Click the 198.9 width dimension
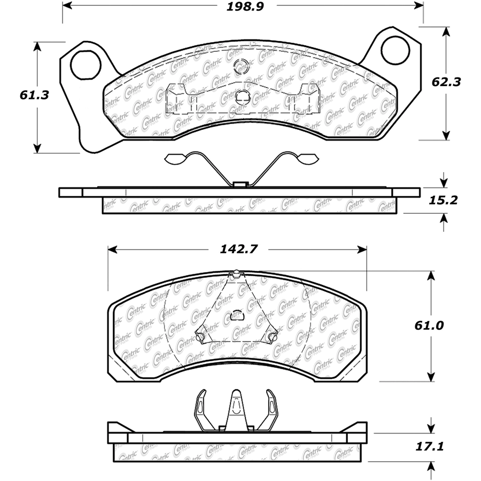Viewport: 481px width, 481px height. coord(245,6)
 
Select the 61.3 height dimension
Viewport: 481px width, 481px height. coord(34,95)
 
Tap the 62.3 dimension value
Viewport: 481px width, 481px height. coord(446,82)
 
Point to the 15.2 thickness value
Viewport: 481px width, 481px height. coord(443,200)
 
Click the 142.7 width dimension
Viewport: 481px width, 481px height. coord(239,249)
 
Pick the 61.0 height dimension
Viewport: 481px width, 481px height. coord(429,325)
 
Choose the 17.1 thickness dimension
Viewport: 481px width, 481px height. coord(430,447)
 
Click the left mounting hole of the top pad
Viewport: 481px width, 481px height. coord(86,65)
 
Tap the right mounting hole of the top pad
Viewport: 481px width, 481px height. coord(395,50)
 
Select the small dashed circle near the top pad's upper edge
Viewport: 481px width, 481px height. coord(241,66)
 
